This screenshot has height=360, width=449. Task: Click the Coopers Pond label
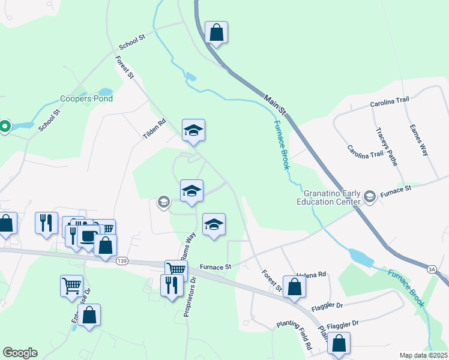tap(86, 99)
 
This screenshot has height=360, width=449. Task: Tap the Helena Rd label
tap(311, 274)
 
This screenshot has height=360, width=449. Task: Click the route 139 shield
tap(122, 261)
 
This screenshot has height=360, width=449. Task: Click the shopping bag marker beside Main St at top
tap(216, 32)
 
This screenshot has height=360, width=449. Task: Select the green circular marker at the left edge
tap(4, 127)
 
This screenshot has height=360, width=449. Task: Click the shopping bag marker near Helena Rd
tap(294, 286)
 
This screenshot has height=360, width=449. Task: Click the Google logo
tap(20, 353)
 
